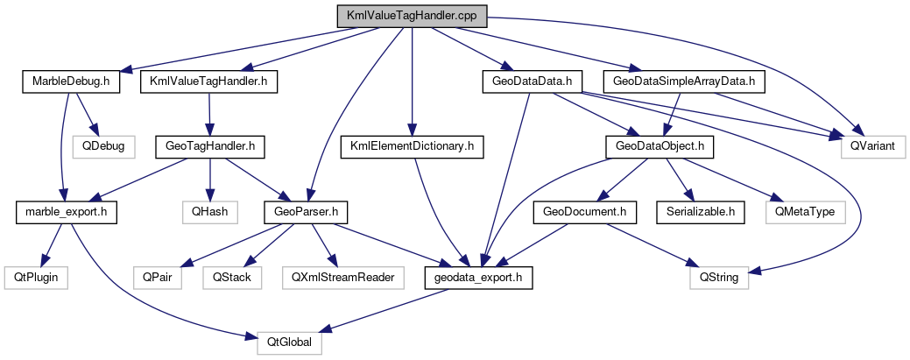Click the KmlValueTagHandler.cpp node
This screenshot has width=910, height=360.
coord(411,16)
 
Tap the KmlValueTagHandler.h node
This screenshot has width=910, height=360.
coord(208,82)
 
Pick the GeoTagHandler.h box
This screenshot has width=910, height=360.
coord(209,146)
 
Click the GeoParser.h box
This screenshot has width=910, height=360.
coord(307,211)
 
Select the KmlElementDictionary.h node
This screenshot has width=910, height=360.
coord(411,146)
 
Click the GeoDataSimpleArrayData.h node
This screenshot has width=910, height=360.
coord(684,82)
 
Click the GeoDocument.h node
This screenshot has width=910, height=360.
coord(583,211)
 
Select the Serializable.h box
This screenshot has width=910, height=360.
coord(700,211)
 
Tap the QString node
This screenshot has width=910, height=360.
coord(716,277)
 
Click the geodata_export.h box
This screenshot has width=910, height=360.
coord(477,277)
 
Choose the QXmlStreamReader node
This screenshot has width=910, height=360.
coord(343,277)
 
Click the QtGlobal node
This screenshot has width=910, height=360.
coord(289,342)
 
